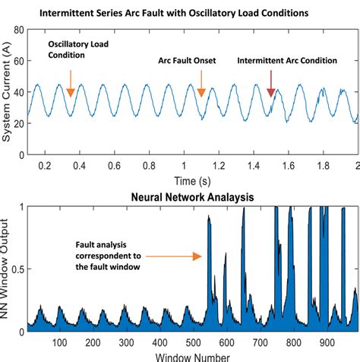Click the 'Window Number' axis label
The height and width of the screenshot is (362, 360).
[x=192, y=356]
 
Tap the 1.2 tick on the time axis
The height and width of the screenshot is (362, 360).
[x=219, y=165]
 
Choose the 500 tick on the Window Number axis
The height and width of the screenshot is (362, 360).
[x=194, y=341]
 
